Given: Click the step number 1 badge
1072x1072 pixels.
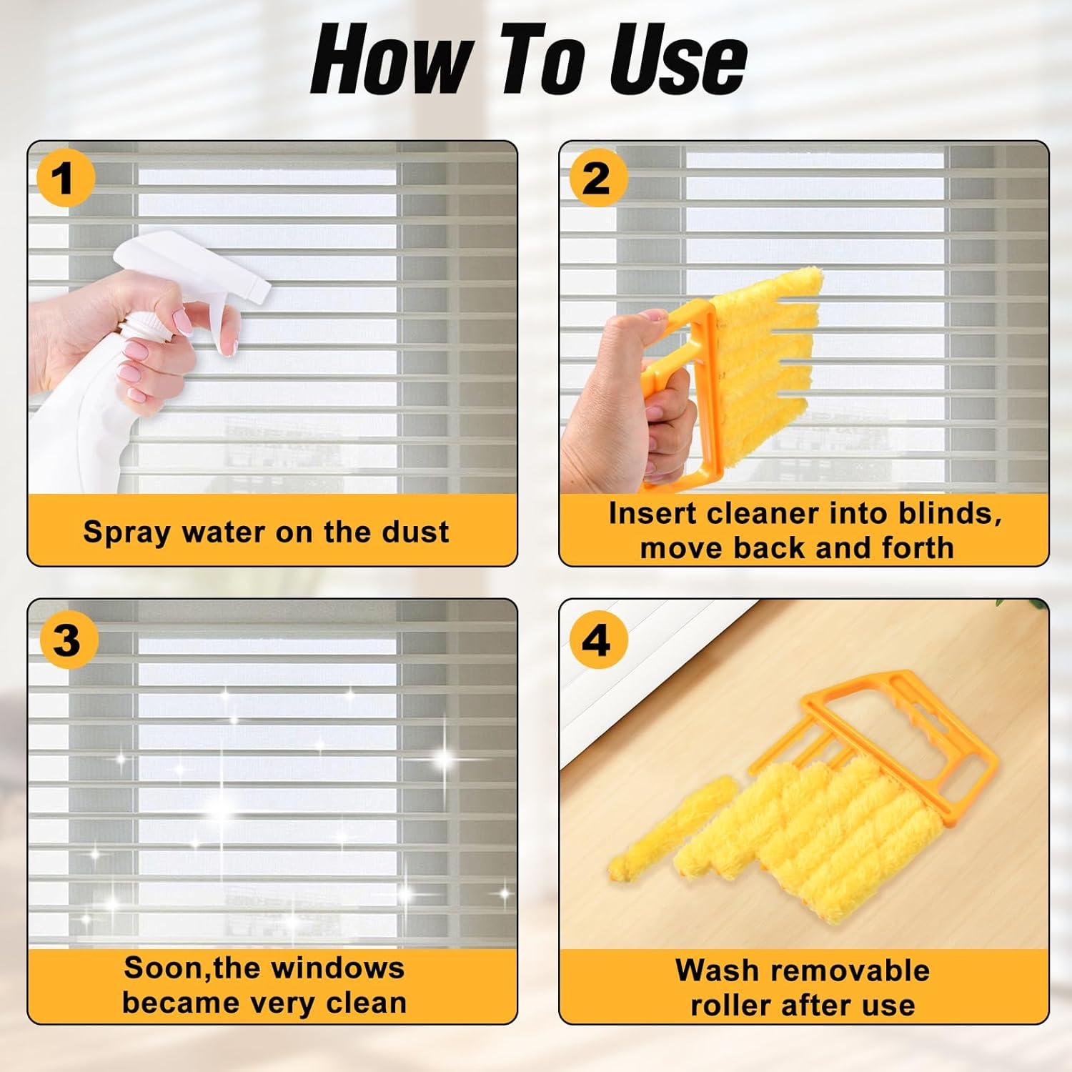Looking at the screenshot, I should click(64, 178).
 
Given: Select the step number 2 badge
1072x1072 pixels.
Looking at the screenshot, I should click(597, 178).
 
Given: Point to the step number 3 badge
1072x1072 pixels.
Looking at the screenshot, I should click(66, 640).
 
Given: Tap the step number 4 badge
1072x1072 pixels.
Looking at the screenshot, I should click(597, 640).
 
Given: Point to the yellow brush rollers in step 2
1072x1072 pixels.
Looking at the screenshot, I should click(765, 336).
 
